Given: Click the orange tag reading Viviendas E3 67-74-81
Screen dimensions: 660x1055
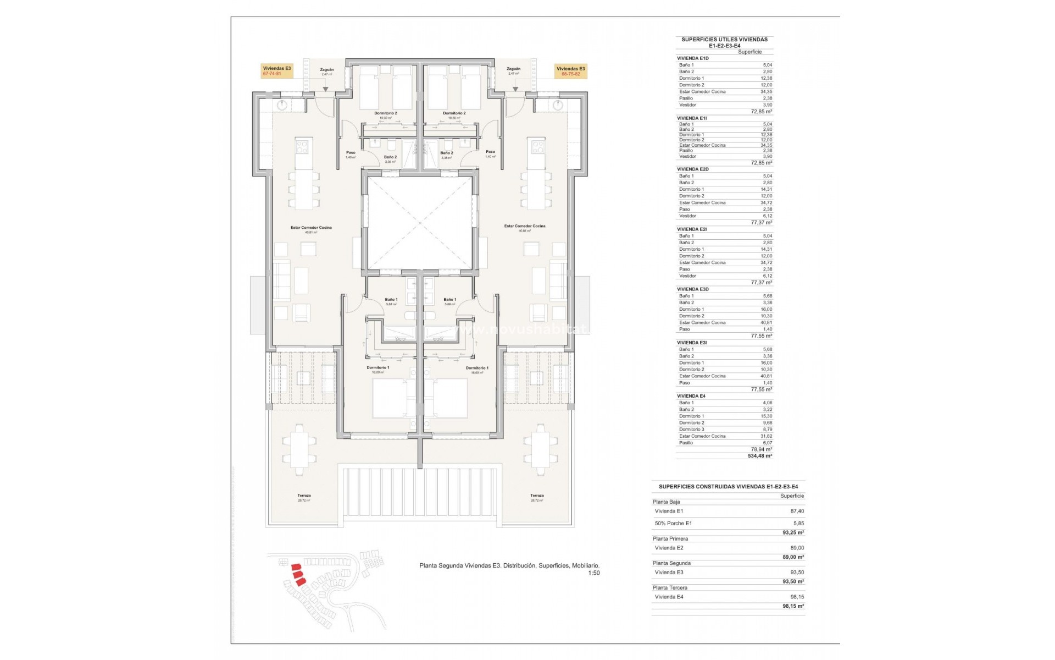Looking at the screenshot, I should click(277, 71).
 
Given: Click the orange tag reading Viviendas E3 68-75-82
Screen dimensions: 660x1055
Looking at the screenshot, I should click(570, 71).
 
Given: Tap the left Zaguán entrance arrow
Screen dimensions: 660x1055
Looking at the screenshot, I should click(325, 89).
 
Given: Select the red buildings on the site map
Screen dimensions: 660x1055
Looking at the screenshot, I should click(297, 574).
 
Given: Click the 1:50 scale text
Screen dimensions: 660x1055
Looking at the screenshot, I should click(593, 573).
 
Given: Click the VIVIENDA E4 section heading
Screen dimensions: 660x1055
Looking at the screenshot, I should click(691, 396).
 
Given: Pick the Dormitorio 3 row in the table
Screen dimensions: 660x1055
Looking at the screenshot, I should click(691, 430).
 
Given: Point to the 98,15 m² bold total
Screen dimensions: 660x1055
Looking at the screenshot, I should click(793, 606).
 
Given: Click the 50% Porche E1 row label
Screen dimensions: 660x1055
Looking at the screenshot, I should click(673, 523).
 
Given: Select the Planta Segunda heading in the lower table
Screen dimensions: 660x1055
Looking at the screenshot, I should click(671, 563).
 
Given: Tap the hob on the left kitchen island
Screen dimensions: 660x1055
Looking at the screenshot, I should click(303, 146).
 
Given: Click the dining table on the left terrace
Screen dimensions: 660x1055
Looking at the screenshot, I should click(299, 446).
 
